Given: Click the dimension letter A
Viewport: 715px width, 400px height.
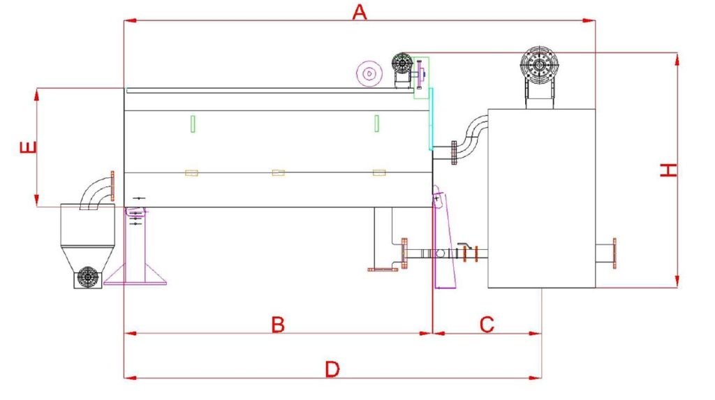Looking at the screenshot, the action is (360, 12).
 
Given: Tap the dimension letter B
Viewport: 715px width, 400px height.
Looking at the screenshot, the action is (278, 325).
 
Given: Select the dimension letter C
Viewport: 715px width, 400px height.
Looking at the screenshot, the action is (487, 325).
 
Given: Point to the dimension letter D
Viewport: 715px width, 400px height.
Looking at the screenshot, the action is (332, 369).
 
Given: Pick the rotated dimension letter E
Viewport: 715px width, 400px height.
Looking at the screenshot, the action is (28, 147).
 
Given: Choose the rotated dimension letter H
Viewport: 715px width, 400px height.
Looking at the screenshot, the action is (669, 170).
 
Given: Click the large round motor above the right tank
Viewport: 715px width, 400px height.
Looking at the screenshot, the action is (540, 65).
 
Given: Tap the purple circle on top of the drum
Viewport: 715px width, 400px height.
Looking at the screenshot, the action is (369, 73).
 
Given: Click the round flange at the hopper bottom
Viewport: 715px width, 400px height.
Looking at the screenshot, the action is (88, 277).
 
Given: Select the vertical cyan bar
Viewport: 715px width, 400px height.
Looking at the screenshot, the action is (430, 119).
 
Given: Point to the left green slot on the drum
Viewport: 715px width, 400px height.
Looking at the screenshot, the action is (193, 124).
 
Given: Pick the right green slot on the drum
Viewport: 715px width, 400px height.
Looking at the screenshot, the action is (376, 124).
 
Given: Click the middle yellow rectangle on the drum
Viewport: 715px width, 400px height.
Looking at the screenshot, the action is (278, 173).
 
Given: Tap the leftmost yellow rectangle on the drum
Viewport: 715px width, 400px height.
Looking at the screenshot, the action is (191, 173).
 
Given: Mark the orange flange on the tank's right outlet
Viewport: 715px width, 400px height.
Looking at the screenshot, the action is (614, 253).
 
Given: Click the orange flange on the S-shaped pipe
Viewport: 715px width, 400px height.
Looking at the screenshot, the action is (454, 153).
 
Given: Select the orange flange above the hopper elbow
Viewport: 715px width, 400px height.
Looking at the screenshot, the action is (112, 186).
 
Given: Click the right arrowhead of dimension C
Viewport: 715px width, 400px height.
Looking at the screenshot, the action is (536, 334).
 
